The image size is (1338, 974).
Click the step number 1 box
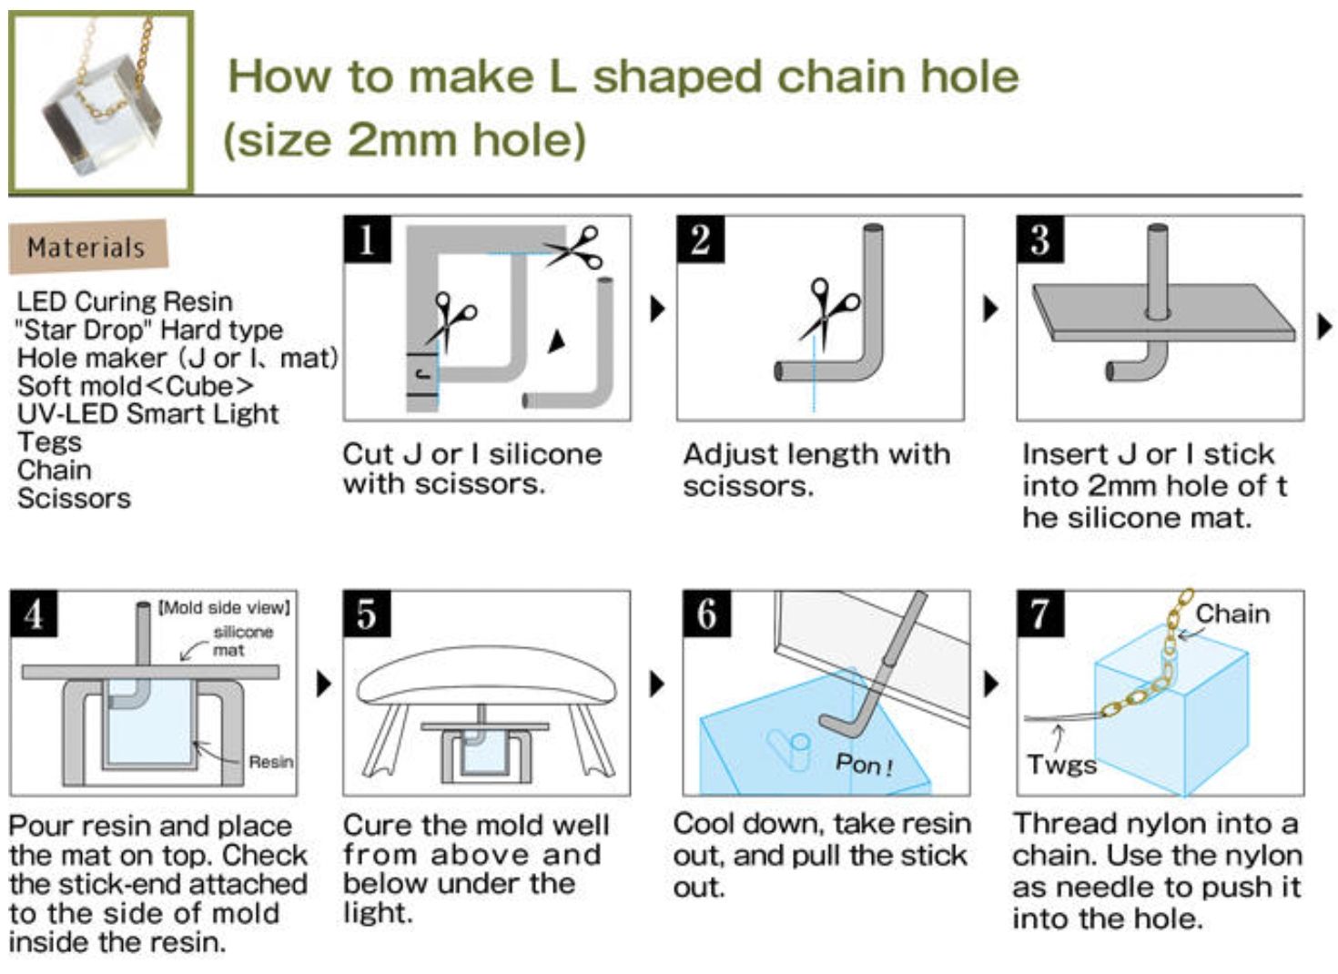coord(367,239)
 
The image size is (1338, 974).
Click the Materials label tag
coord(87,247)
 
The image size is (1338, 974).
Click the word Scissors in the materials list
coord(74,498)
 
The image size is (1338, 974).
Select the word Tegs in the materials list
coord(49,441)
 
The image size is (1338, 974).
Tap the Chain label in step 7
coord(1232,614)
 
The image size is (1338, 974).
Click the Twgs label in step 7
coord(1061,765)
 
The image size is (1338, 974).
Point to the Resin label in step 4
coord(270,762)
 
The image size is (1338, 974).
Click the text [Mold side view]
coord(224,607)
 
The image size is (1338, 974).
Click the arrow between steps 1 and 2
coord(657,309)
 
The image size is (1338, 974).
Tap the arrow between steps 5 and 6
coord(657,684)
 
